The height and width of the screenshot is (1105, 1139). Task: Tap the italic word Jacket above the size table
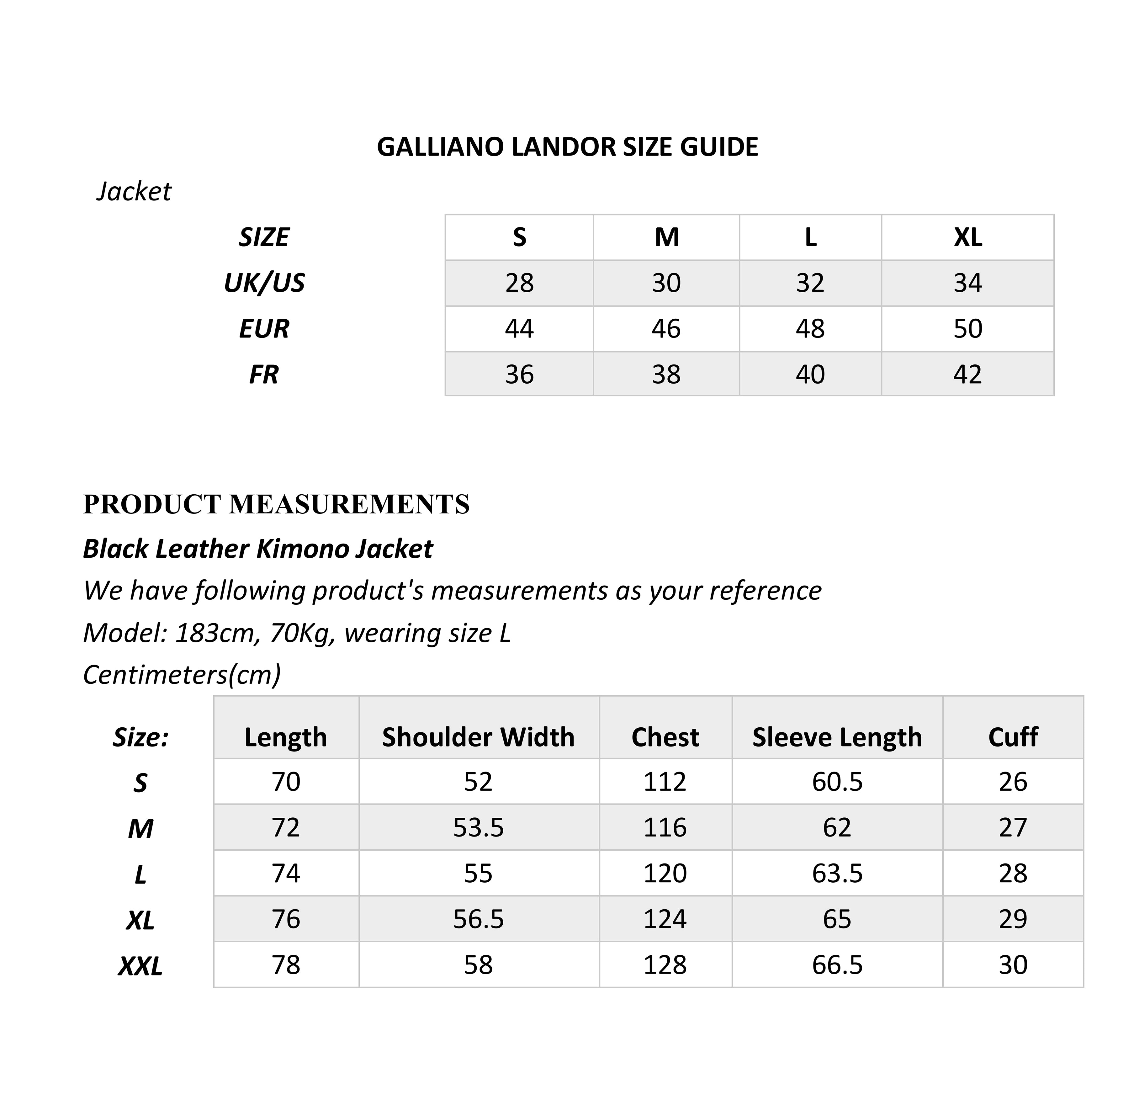click(134, 191)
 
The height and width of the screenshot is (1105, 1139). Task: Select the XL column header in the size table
click(967, 237)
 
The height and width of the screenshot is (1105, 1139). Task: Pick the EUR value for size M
click(666, 329)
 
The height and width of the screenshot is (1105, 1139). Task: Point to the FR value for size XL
click(967, 374)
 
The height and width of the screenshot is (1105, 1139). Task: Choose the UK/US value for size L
click(810, 283)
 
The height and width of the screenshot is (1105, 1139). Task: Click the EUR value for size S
click(519, 329)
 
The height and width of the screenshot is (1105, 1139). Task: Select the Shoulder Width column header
click(478, 737)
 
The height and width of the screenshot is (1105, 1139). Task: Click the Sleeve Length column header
click(837, 737)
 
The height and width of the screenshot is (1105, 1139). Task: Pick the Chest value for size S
click(665, 782)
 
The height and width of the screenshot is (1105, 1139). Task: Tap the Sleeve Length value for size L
click(837, 873)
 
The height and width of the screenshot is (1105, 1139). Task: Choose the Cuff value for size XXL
click(1013, 965)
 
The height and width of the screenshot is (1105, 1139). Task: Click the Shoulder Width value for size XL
click(478, 919)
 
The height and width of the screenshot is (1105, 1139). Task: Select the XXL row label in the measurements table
click(140, 966)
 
